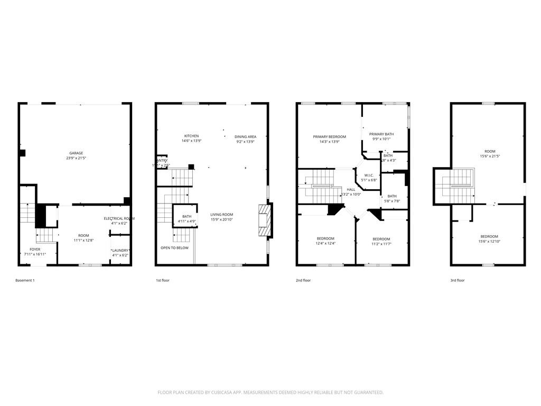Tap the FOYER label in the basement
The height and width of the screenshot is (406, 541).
coord(35,249)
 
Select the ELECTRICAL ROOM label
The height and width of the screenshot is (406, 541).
coord(119,218)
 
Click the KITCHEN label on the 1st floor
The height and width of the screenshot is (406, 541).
coord(191,136)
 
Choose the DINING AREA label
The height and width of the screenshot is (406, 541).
coord(245,136)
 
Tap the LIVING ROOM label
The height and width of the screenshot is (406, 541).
coord(221,215)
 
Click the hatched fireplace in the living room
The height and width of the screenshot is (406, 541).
coord(263,222)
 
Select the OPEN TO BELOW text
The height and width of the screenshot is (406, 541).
coord(174,247)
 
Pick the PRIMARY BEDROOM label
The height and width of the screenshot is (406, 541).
coord(329,136)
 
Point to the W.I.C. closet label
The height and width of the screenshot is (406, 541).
coord(369,175)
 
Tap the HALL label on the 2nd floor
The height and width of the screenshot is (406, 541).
coord(351,189)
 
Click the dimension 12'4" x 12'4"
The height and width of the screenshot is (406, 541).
coord(325,243)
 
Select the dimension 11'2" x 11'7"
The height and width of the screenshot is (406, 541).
coord(381,243)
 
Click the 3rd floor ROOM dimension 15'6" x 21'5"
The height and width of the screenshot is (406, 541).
coord(489,156)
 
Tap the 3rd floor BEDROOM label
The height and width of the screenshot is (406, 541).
coord(489,236)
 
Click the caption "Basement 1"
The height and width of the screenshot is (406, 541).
coord(25,280)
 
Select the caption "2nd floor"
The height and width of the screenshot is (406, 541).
coord(303,280)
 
